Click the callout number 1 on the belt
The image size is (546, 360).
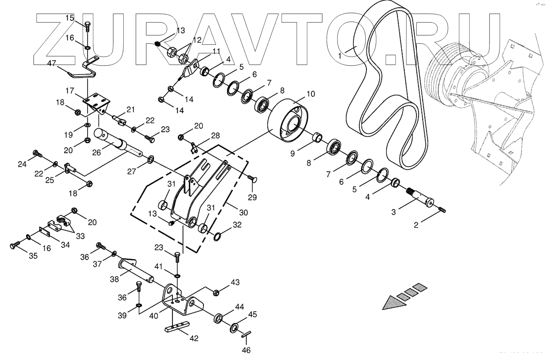point(340,56)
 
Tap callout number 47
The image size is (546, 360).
point(51,63)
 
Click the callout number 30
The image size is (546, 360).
point(244,213)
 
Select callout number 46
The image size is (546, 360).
point(246,350)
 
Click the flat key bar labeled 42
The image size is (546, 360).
point(178,326)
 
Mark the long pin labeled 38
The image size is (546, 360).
point(137,271)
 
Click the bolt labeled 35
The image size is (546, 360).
point(16,246)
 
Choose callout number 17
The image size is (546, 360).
point(70,91)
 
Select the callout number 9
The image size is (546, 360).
point(292,153)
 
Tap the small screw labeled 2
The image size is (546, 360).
point(442,210)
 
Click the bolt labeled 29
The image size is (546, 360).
point(252,179)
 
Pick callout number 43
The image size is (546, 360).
point(235,282)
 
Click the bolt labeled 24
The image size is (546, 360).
point(37,153)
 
